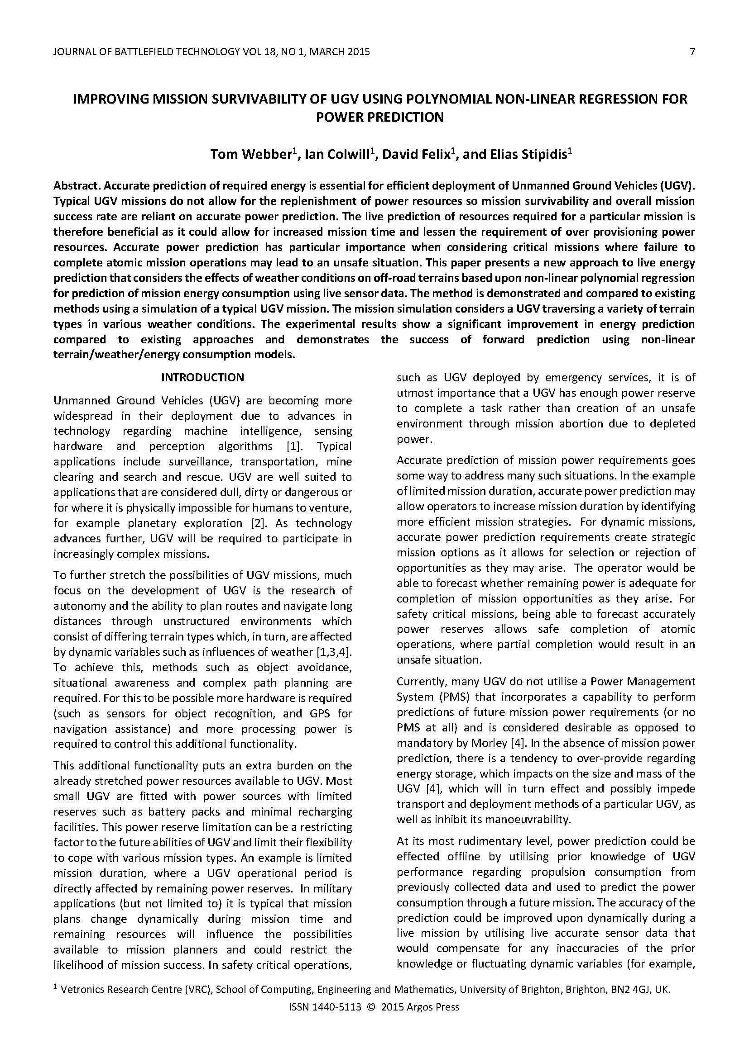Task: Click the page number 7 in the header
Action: (692, 52)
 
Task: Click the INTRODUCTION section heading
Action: (202, 377)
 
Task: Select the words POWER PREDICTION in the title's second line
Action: (379, 117)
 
